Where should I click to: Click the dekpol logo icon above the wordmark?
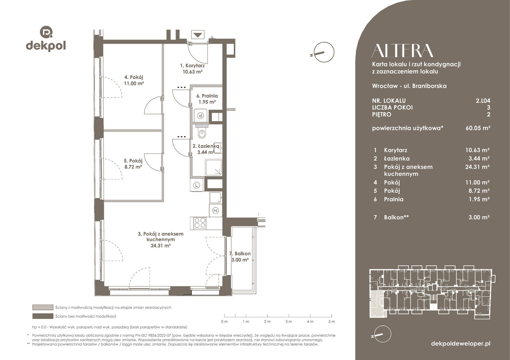tap(46, 32)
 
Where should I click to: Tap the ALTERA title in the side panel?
tap(402, 51)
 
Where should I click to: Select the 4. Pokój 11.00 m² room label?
tap(134, 80)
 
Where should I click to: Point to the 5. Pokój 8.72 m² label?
tap(133, 164)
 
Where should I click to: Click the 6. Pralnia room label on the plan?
tap(207, 99)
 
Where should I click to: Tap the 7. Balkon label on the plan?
tap(240, 256)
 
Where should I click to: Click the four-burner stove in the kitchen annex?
tap(200, 223)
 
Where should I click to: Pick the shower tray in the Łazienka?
tap(213, 167)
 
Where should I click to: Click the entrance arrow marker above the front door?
tap(198, 35)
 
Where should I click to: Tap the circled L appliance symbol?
tap(197, 185)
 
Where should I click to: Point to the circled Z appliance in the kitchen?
tap(215, 211)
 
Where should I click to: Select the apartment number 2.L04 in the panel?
tap(483, 101)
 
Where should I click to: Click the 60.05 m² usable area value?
tap(478, 128)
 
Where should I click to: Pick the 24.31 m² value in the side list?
tap(477, 167)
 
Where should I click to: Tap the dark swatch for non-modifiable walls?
tap(43, 316)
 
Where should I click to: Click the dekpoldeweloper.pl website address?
tap(461, 344)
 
